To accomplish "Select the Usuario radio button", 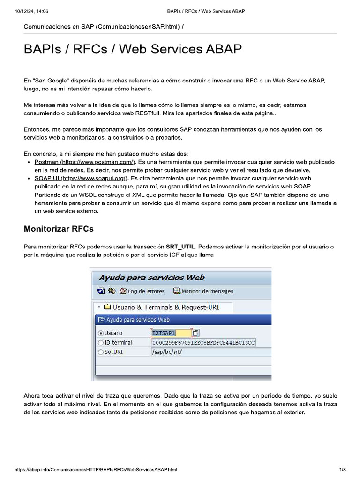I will coord(100,333).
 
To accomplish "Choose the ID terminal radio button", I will coord(100,343).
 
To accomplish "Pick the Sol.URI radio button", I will coord(100,352).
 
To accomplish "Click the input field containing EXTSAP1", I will coord(171,333).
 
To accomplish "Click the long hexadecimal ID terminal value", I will coord(203,343).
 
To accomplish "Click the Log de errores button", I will coord(142,291).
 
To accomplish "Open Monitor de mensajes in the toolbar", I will coord(203,291).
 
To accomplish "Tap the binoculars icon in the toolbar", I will coord(112,291).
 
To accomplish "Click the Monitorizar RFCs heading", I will coord(59,229).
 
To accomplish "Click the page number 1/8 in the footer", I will coord(342,469).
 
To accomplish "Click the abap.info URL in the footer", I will coord(96,469).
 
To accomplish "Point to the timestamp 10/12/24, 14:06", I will coord(32,11).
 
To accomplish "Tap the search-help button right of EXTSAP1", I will coord(196,333).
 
